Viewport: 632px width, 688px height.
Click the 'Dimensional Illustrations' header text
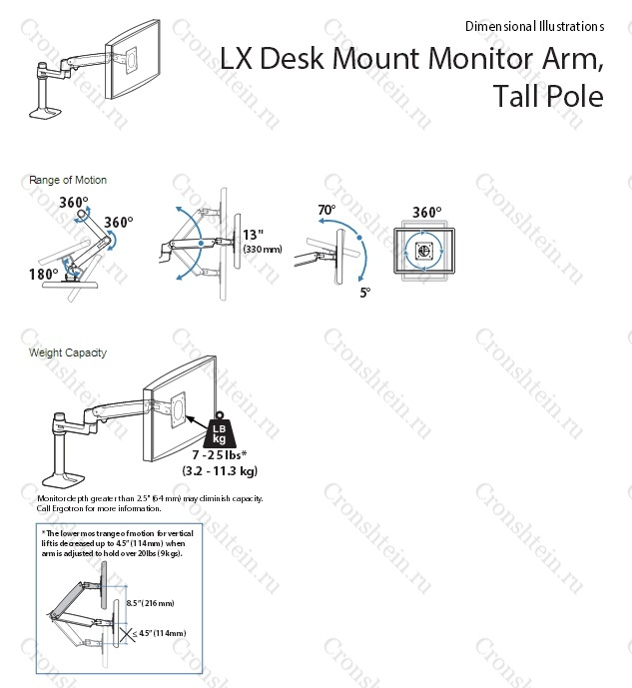click(x=534, y=27)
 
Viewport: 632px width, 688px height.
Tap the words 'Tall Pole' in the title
click(x=548, y=97)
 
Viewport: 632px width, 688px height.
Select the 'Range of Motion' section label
click(x=69, y=180)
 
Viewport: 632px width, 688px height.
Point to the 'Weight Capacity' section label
click(x=68, y=352)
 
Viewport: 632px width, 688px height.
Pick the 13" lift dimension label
click(x=254, y=236)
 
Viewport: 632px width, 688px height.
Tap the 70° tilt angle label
click(x=326, y=211)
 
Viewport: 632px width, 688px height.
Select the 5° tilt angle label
click(x=364, y=293)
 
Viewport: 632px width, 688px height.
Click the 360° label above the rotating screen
click(x=427, y=213)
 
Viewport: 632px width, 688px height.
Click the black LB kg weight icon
click(x=220, y=430)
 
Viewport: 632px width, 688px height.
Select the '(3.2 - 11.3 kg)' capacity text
click(x=220, y=470)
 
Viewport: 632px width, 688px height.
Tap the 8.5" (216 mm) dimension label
click(x=150, y=603)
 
